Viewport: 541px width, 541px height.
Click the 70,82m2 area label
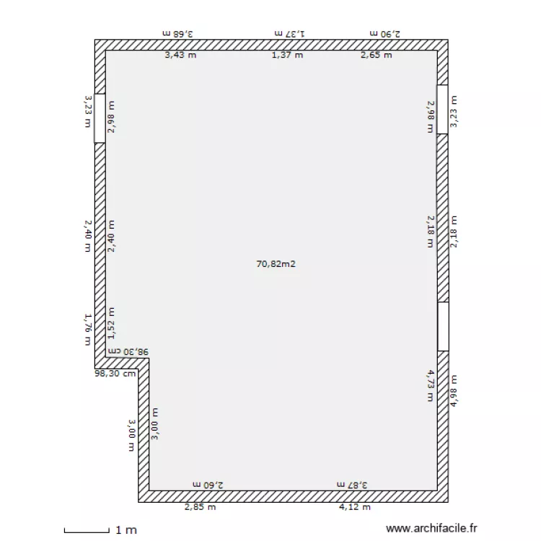coord(276,264)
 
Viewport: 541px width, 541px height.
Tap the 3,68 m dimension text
coord(179,33)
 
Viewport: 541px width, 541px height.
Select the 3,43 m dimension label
coord(180,56)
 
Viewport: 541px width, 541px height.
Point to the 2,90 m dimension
coord(384,33)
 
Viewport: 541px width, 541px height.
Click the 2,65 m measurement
coord(377,56)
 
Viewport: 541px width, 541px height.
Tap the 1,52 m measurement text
coord(111,322)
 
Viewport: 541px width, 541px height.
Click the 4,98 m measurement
coord(454,390)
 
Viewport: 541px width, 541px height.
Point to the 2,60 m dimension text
coord(208,485)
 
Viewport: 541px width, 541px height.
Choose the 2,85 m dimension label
coord(200,507)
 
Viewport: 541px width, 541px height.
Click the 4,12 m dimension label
coord(355,507)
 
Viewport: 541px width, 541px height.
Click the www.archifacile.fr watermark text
coord(432,529)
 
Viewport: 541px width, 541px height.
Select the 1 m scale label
coord(126,530)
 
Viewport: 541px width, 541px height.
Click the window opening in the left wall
coord(100,118)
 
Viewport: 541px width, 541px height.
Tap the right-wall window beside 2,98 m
coord(442,110)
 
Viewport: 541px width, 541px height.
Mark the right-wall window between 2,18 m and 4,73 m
coord(443,326)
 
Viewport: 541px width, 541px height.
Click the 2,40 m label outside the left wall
coord(87,236)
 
